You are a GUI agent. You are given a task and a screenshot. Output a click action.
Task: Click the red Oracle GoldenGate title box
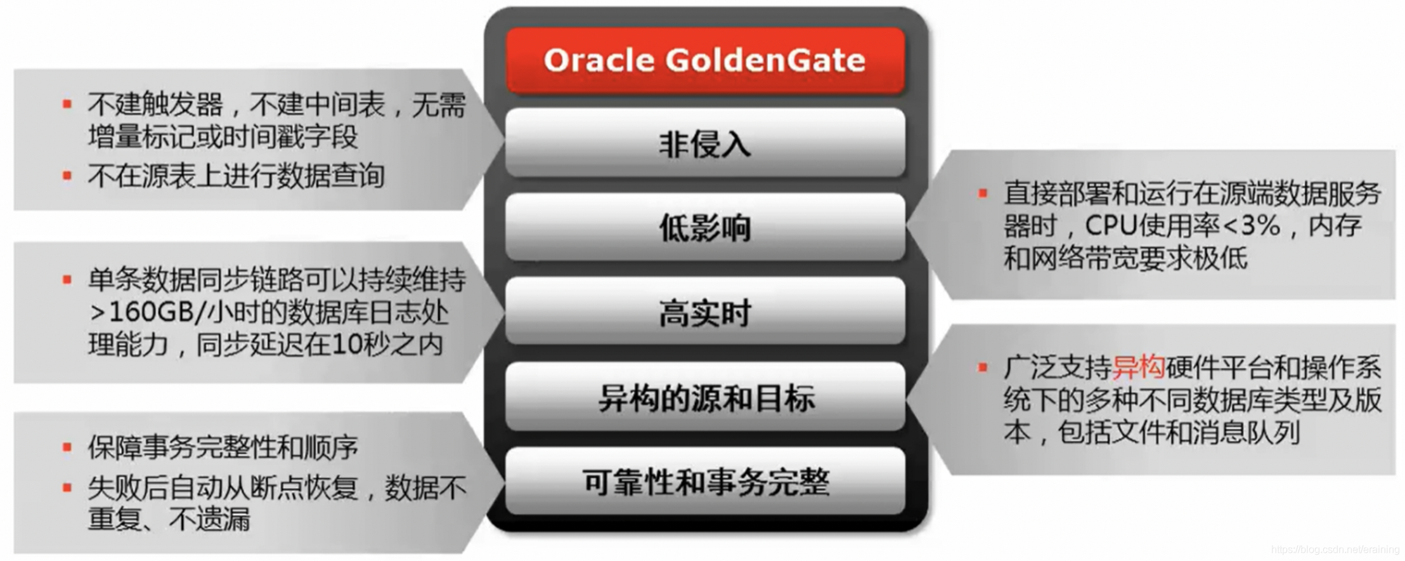click(705, 60)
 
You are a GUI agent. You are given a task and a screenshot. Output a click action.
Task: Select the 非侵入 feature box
click(705, 143)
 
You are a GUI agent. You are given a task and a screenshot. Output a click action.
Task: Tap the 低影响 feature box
click(705, 227)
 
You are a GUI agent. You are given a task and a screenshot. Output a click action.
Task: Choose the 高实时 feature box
click(705, 312)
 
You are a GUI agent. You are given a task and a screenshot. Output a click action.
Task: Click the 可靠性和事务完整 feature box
click(705, 481)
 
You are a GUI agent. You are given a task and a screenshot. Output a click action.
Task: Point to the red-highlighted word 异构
click(1139, 367)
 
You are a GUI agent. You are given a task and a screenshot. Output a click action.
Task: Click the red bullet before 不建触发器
click(67, 103)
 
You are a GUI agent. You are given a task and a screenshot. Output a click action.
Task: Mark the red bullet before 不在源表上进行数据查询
click(67, 175)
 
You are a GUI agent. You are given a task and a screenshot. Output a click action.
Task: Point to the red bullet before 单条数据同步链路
click(67, 279)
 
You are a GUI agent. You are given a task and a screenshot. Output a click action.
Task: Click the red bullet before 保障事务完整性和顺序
click(67, 447)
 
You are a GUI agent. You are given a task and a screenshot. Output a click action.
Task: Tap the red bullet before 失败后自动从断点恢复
click(67, 487)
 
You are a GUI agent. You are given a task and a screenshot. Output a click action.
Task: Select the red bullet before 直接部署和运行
click(983, 193)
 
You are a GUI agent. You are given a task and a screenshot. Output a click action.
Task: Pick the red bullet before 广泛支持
click(983, 367)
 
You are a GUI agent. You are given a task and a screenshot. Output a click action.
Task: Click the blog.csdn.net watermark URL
click(1335, 550)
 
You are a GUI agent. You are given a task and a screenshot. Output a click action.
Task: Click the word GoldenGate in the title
click(765, 60)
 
